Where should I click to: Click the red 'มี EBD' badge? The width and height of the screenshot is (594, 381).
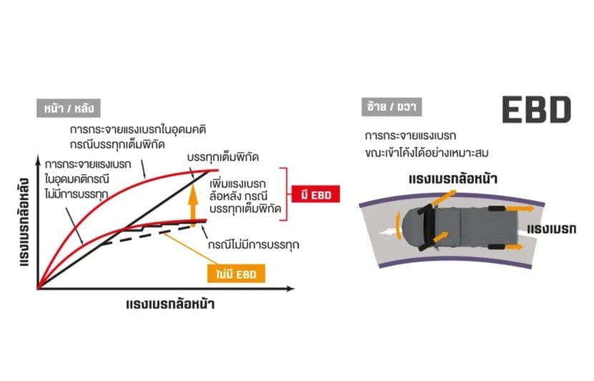pyautogui.click(x=316, y=194)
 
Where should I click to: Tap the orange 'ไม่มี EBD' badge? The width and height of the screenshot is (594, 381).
pyautogui.click(x=236, y=274)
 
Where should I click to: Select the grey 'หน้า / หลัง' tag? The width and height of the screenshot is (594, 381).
pyautogui.click(x=69, y=108)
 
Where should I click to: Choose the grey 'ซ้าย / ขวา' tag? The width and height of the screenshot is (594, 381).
pyautogui.click(x=391, y=107)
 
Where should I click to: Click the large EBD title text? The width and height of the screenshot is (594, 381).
pyautogui.click(x=537, y=109)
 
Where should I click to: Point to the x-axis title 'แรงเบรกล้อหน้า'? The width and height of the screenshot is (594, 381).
pyautogui.click(x=170, y=305)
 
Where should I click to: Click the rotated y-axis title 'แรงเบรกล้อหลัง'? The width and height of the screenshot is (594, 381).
pyautogui.click(x=24, y=222)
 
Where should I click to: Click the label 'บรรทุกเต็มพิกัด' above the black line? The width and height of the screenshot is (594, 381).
pyautogui.click(x=223, y=157)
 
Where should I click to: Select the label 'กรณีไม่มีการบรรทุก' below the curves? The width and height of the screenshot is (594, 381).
pyautogui.click(x=253, y=244)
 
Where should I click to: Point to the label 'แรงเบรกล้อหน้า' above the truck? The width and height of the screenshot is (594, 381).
pyautogui.click(x=453, y=179)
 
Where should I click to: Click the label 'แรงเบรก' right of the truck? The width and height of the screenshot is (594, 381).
pyautogui.click(x=552, y=229)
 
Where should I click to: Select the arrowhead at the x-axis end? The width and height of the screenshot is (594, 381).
pyautogui.click(x=291, y=289)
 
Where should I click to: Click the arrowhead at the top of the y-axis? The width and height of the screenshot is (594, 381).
pyautogui.click(x=38, y=160)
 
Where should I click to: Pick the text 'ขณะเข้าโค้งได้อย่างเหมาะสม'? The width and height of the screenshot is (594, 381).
pyautogui.click(x=427, y=153)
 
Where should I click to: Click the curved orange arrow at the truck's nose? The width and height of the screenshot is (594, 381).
pyautogui.click(x=397, y=225)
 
